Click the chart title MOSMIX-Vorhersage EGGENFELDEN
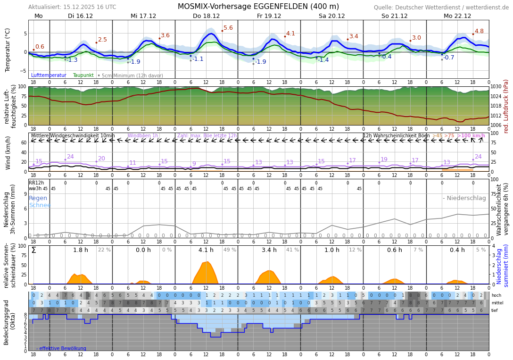click(x=258, y=7)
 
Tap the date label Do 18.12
click(x=206, y=16)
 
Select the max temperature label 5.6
click(x=228, y=28)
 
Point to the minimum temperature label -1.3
click(x=72, y=60)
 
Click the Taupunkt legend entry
click(x=83, y=75)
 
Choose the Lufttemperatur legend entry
click(x=49, y=75)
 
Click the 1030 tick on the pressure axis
click(x=496, y=87)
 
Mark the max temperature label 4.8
click(x=479, y=32)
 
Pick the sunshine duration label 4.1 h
click(x=206, y=250)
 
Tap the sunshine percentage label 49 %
click(x=230, y=250)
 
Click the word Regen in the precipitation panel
click(x=38, y=199)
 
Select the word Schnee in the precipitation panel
click(x=40, y=206)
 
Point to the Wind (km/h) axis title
click(x=8, y=152)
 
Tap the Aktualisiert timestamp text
click(x=72, y=7)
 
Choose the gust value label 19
click(x=384, y=160)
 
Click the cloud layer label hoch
click(x=496, y=295)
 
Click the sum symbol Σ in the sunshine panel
click(x=33, y=250)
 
